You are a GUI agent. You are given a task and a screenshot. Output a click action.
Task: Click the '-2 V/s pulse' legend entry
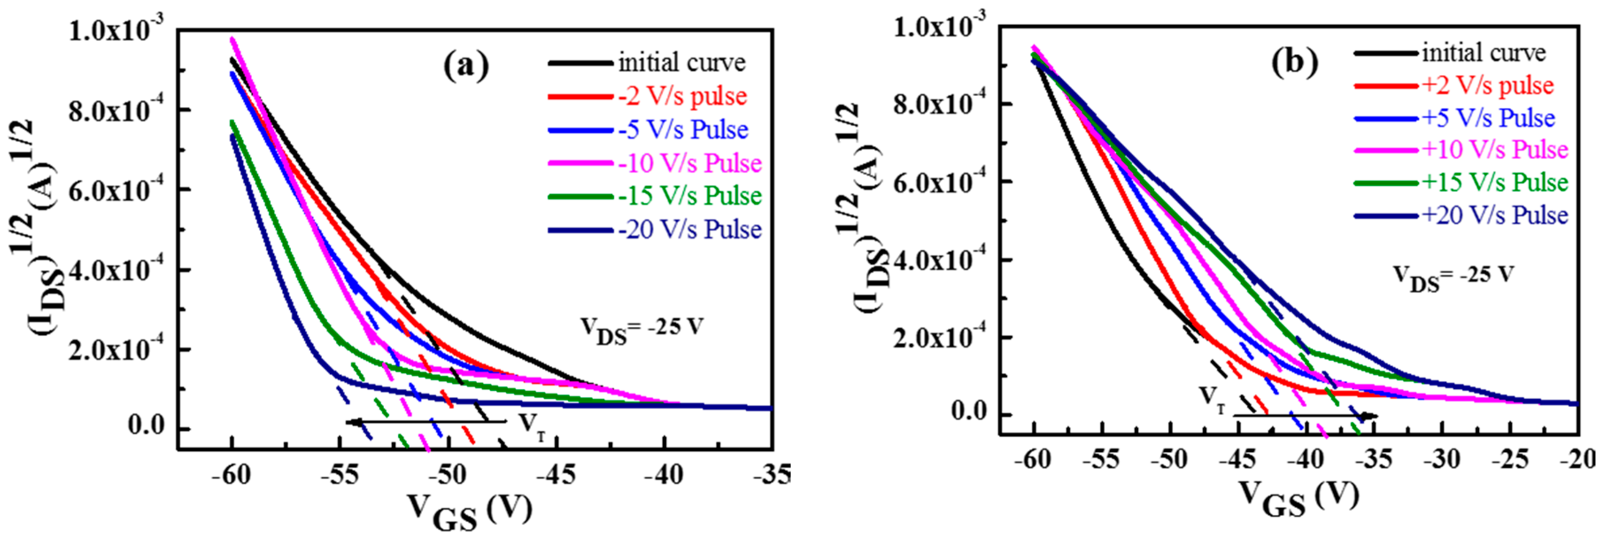pos(682,97)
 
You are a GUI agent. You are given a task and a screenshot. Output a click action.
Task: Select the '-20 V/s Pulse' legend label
pos(689,230)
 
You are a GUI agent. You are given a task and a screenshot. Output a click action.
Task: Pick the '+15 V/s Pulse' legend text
pos(1495,182)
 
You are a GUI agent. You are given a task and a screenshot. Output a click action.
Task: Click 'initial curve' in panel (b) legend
pos(1483,53)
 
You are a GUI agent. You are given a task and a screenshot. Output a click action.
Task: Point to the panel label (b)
pos(1294,62)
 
